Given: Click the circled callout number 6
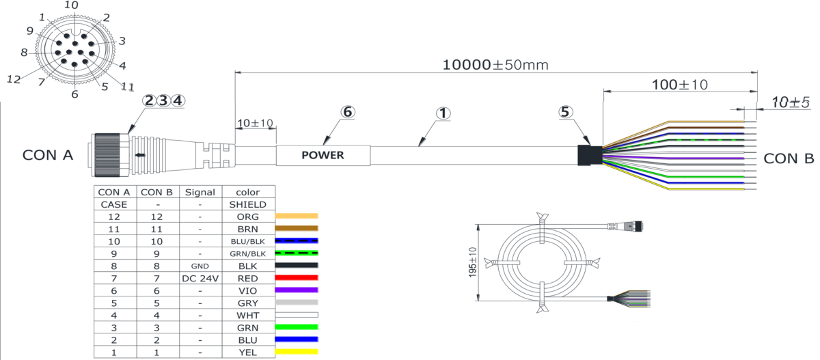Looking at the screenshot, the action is [348, 112].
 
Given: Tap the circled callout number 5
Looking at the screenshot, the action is [565, 112].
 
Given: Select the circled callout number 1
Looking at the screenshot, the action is [443, 113].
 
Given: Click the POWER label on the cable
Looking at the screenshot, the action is [323, 155].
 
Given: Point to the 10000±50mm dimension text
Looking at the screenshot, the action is [495, 65].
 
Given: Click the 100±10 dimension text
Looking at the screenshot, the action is [680, 85].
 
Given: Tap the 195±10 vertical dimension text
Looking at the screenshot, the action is [473, 262].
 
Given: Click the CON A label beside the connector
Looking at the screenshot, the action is [48, 155].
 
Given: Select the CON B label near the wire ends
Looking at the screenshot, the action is [789, 158].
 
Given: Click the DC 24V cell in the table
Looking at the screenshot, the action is [200, 279].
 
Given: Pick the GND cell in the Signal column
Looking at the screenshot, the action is [200, 266].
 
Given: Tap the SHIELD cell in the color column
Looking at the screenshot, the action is [248, 204].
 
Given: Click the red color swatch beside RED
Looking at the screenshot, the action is [297, 277].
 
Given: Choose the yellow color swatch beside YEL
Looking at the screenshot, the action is [297, 352].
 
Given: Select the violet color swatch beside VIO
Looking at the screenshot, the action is [297, 290].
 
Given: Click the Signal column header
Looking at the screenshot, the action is [200, 192].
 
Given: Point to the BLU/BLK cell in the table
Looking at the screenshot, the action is [248, 241].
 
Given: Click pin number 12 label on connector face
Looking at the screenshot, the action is [14, 79].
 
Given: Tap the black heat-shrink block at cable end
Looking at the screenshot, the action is [590, 156].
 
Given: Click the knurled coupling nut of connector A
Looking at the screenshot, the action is [107, 156].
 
